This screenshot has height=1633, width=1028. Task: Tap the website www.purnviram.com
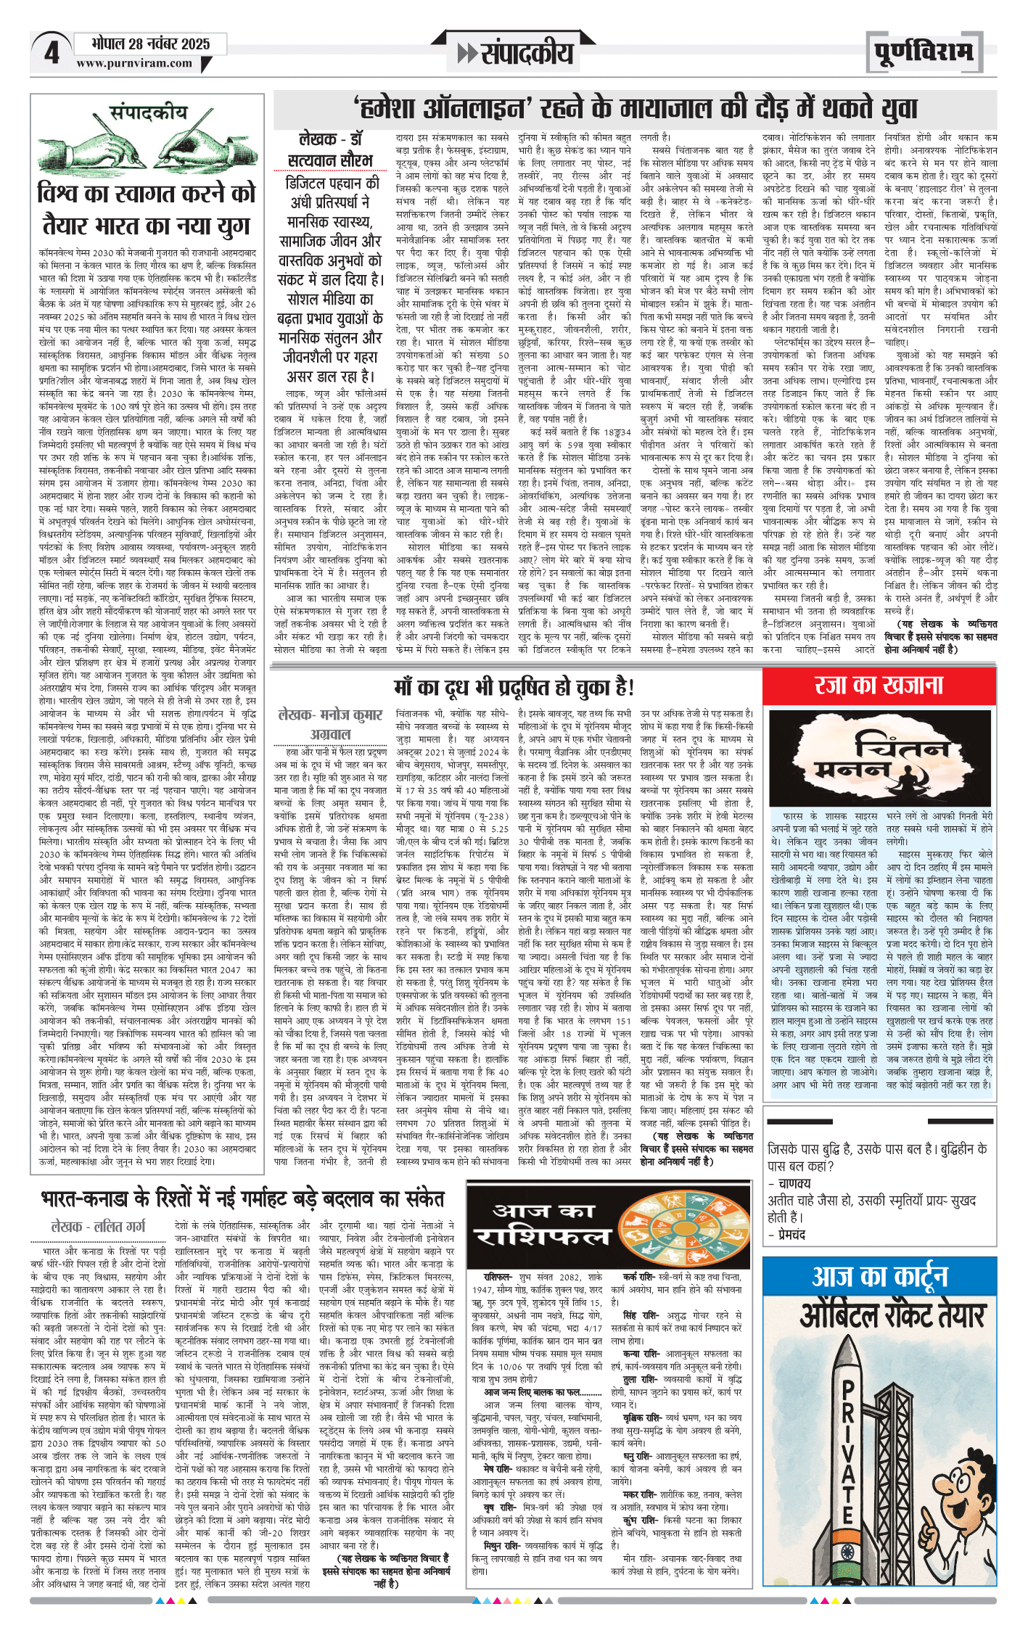134,63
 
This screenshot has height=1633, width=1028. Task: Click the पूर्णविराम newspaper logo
923,52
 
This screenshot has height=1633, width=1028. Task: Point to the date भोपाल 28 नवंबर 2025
150,44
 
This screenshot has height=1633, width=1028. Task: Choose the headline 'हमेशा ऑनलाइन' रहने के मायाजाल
636,109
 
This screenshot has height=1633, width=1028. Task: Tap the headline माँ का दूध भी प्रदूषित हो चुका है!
514,686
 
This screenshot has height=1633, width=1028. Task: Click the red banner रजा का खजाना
879,685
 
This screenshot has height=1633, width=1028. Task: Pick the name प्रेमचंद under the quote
789,1235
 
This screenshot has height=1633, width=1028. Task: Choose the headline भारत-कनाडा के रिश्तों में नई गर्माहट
242,1198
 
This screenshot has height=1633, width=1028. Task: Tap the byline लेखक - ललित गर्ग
98,1227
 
